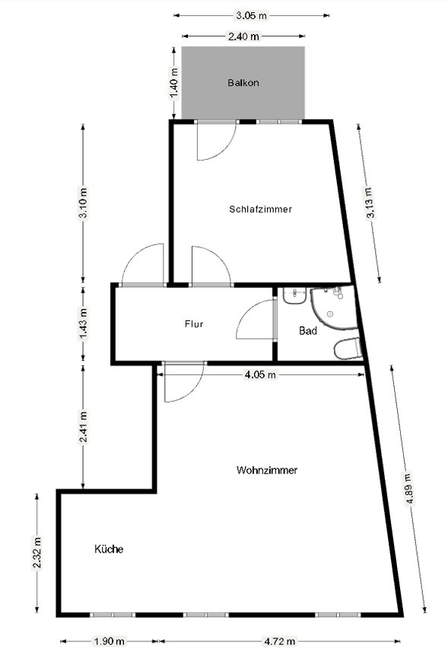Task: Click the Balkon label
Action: tap(243, 82)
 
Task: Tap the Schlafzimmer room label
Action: tap(260, 209)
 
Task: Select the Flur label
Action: tap(194, 323)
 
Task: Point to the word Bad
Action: tap(307, 331)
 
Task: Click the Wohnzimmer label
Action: tap(267, 470)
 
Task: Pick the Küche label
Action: tap(109, 549)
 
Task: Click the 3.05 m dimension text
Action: tap(251, 15)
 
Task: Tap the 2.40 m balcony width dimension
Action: tap(243, 37)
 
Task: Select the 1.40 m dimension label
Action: tap(174, 83)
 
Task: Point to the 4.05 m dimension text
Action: tap(260, 374)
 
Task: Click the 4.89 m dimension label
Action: tap(409, 489)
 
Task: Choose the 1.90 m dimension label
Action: tap(109, 641)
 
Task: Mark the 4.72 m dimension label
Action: tap(279, 641)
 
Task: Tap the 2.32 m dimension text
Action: tap(37, 552)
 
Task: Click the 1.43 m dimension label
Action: tap(83, 323)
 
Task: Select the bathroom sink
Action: tap(294, 295)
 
